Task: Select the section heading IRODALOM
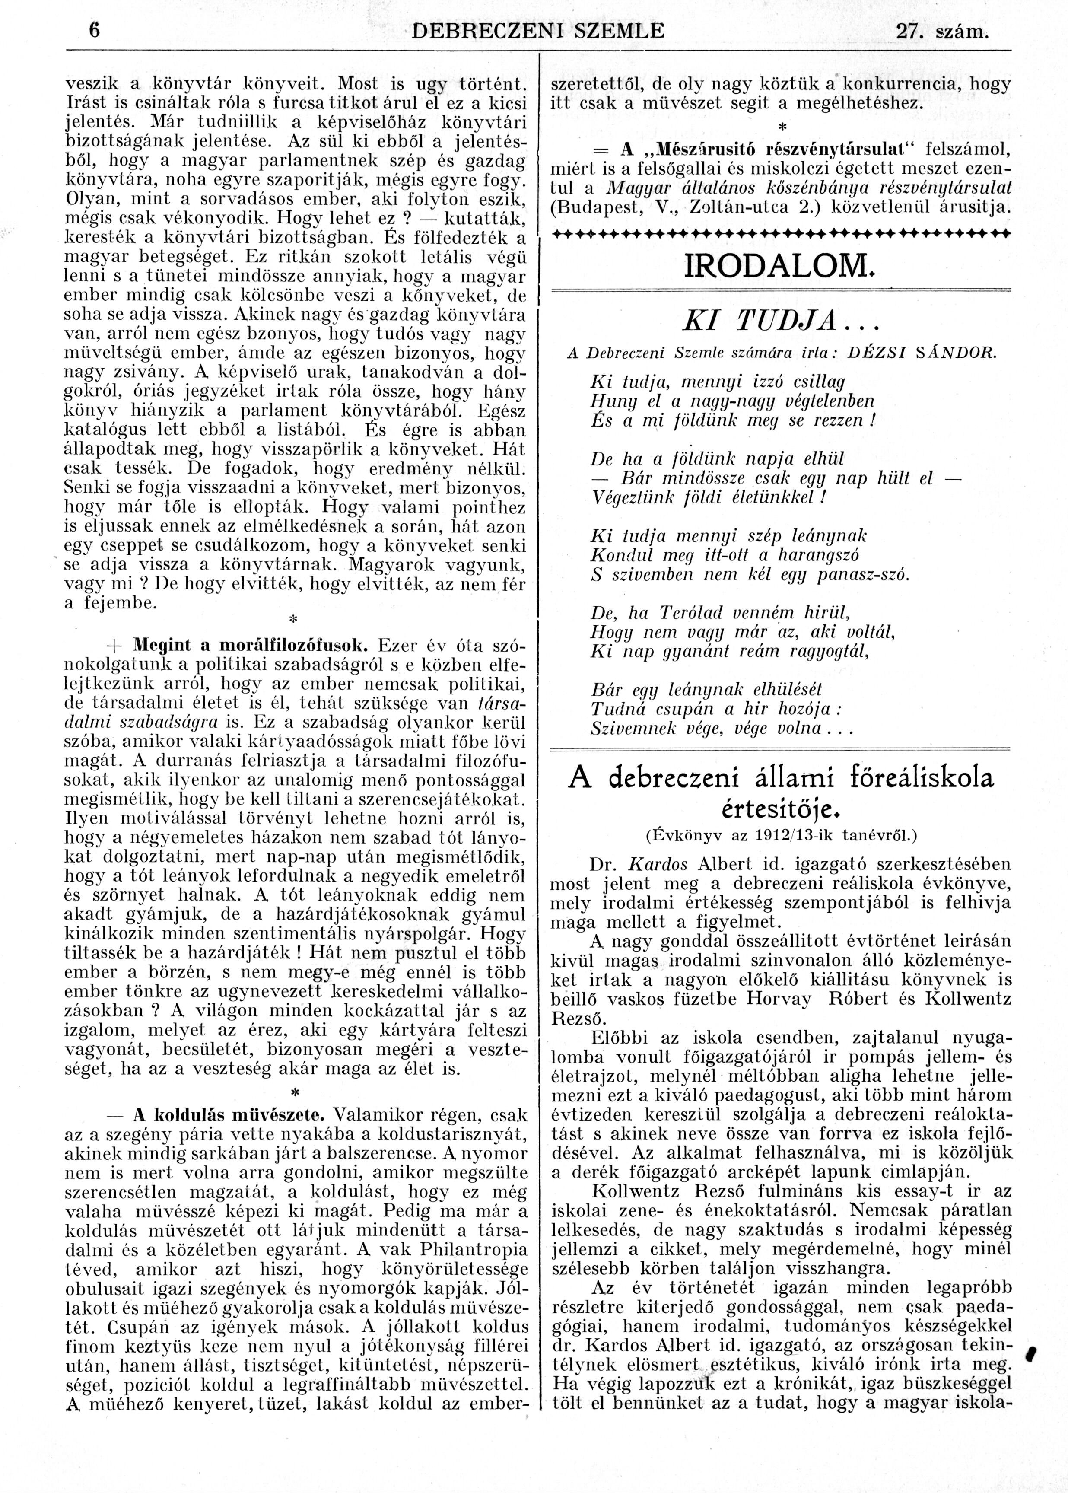780,266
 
